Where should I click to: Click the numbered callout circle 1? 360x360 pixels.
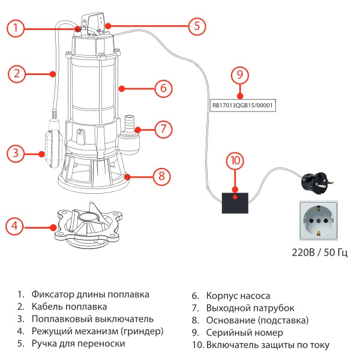click(17, 27)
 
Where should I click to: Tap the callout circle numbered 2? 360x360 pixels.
click(17, 74)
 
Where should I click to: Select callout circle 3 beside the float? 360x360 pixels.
click(16, 153)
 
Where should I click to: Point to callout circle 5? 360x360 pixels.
click(196, 26)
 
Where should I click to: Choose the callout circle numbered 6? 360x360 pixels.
click(163, 88)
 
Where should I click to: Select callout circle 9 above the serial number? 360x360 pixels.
click(239, 76)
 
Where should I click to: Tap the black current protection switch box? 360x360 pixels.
click(235, 202)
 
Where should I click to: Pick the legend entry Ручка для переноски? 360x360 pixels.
click(78, 344)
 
